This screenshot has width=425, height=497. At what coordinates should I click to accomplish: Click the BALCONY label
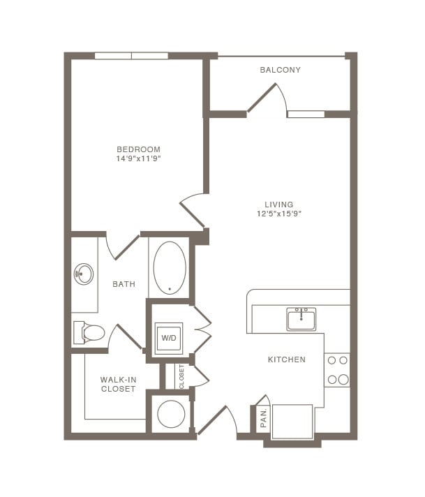pyautogui.click(x=280, y=70)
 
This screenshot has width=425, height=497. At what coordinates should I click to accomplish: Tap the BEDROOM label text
pyautogui.click(x=138, y=149)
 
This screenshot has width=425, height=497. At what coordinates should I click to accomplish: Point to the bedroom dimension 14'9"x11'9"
pyautogui.click(x=138, y=159)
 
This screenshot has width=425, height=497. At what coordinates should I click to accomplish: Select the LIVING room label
pyautogui.click(x=278, y=205)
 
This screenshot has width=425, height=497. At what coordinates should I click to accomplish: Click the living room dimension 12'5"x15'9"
pyautogui.click(x=278, y=214)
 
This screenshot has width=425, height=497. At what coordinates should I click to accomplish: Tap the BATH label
pyautogui.click(x=124, y=284)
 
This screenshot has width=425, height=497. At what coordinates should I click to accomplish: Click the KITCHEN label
pyautogui.click(x=287, y=359)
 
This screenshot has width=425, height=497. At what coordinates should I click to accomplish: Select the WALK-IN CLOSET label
pyautogui.click(x=118, y=384)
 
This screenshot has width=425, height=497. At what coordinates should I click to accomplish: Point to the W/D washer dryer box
pyautogui.click(x=169, y=338)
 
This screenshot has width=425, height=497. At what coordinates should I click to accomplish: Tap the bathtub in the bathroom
pyautogui.click(x=169, y=267)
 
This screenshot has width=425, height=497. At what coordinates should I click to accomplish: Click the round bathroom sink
pyautogui.click(x=84, y=274)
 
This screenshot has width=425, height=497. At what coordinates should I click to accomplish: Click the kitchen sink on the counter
pyautogui.click(x=301, y=319)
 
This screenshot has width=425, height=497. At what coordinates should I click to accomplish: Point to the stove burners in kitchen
pyautogui.click(x=338, y=370)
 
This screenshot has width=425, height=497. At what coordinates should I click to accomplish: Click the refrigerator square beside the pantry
pyautogui.click(x=292, y=421)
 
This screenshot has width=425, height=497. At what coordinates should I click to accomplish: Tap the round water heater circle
pyautogui.click(x=170, y=415)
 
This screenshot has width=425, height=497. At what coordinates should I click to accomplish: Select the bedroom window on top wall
pyautogui.click(x=131, y=56)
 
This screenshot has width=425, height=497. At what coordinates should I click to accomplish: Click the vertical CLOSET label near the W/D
pyautogui.click(x=181, y=376)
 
